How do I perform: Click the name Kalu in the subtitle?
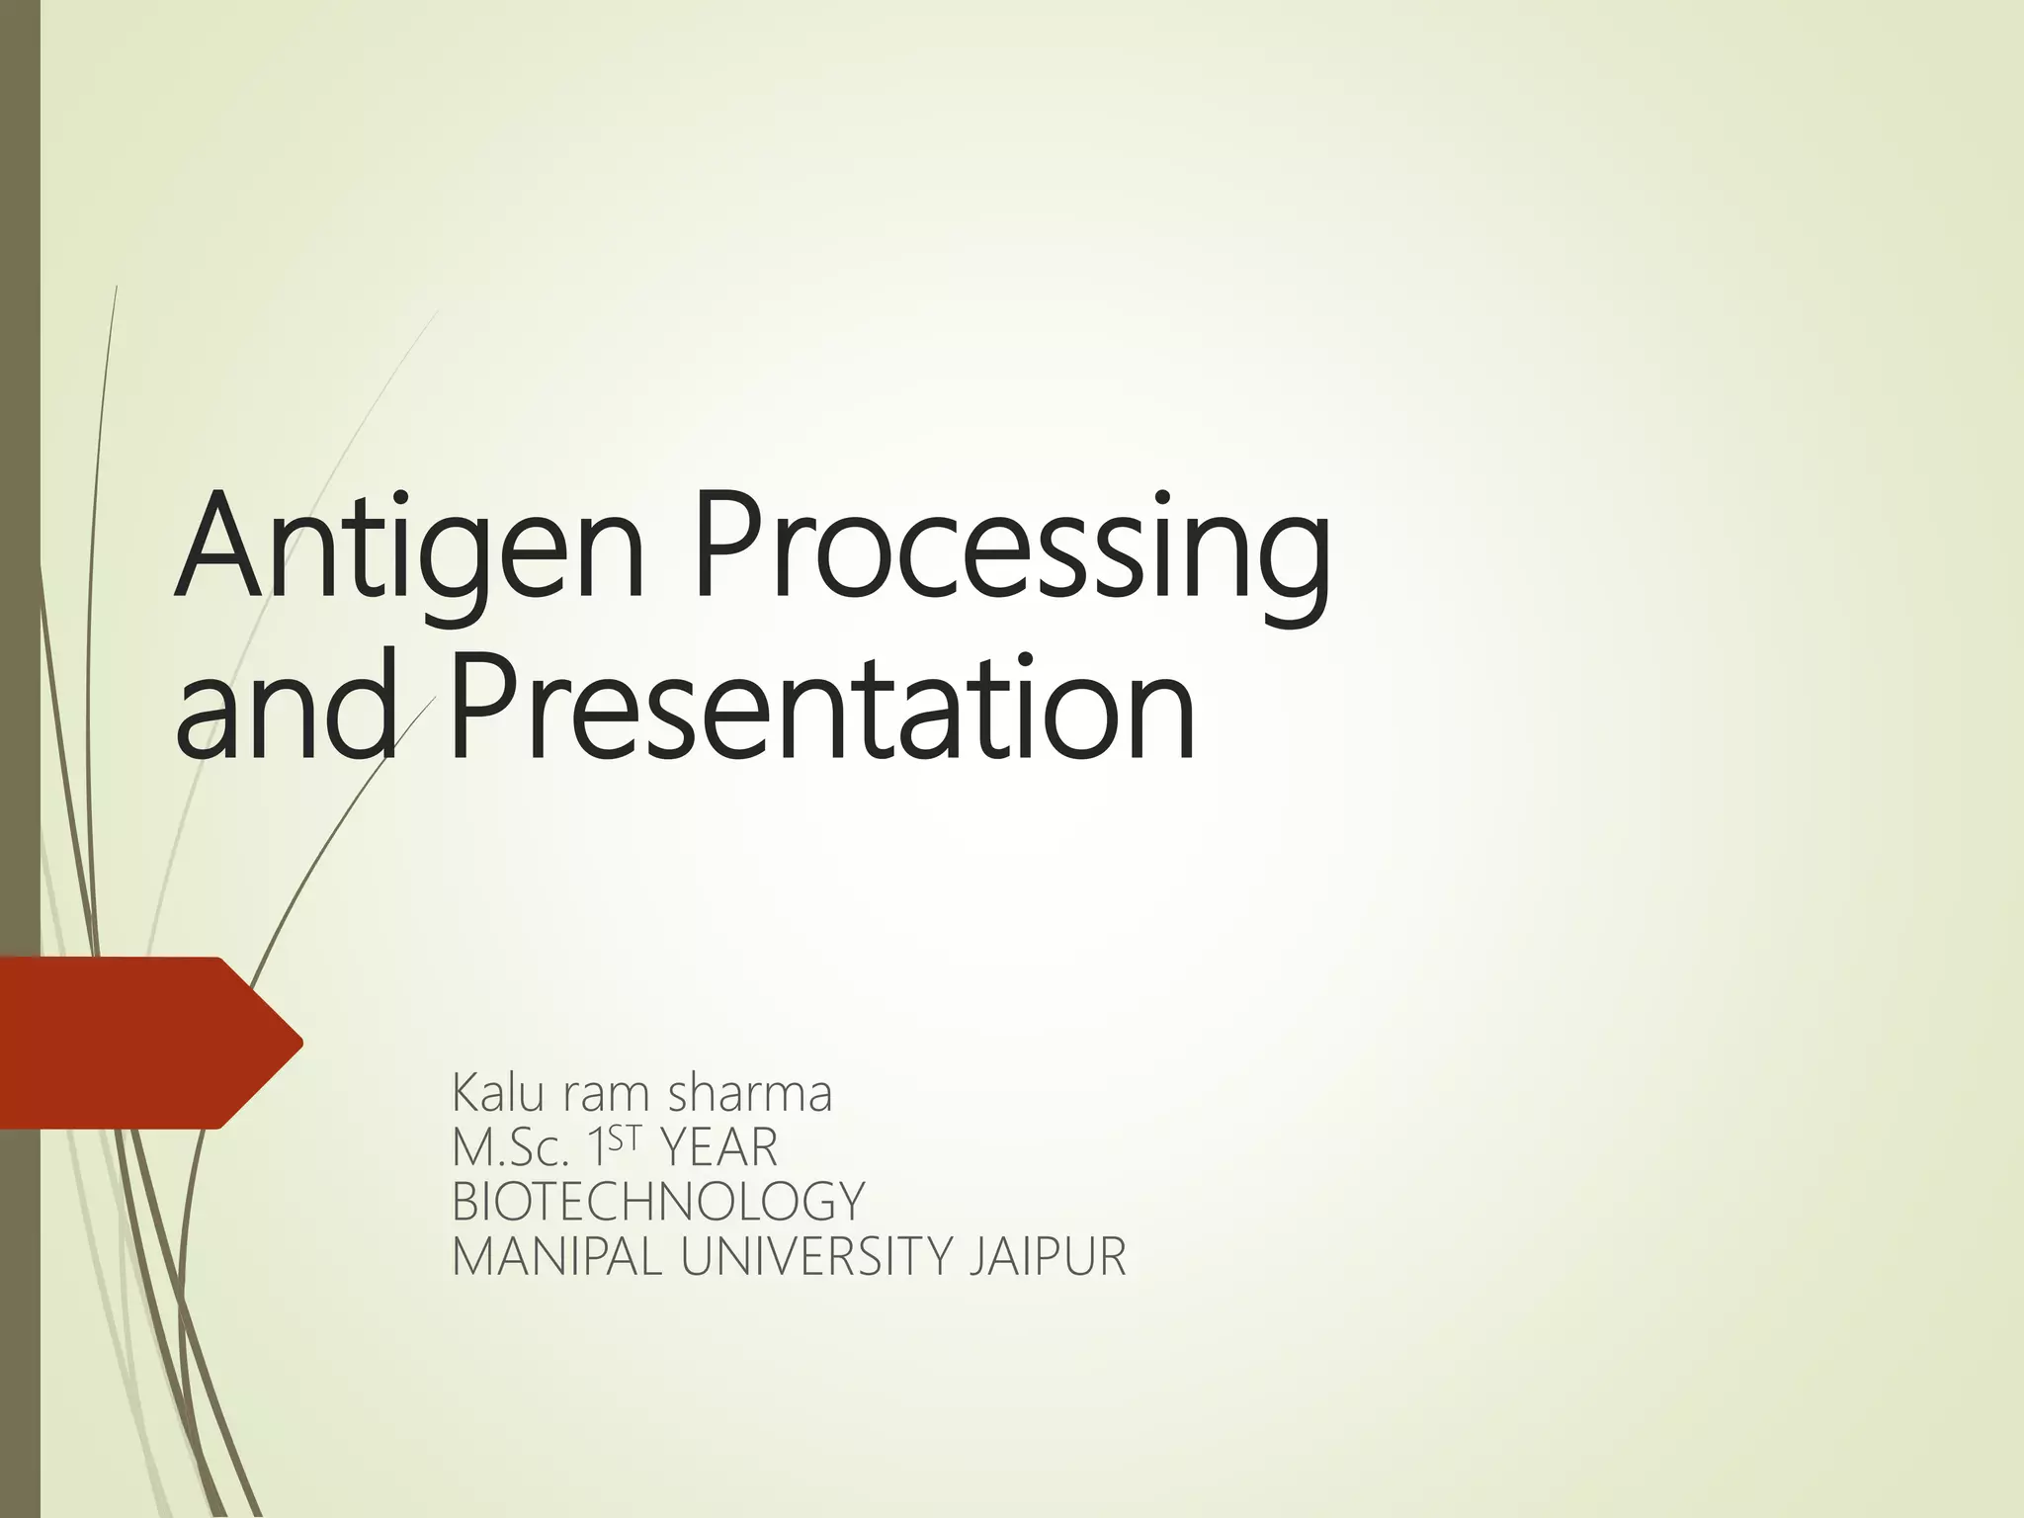pos(499,1094)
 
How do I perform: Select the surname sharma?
pos(750,1094)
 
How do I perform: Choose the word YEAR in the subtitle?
pos(718,1148)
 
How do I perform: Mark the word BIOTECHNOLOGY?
pos(658,1203)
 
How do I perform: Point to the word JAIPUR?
pos(1049,1257)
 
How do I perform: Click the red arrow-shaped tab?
pos(138,1043)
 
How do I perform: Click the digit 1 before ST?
pos(596,1148)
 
